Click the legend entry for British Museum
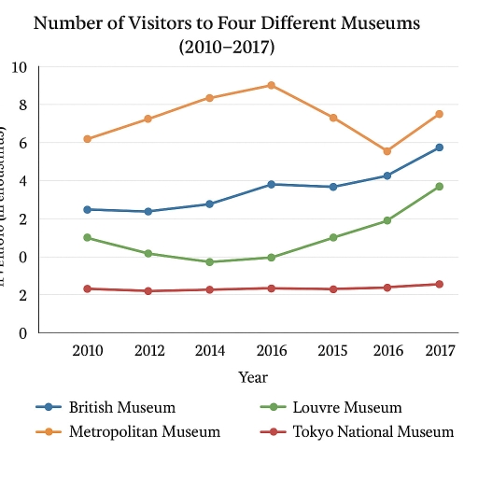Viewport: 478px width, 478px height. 121,408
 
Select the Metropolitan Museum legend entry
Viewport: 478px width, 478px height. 144,431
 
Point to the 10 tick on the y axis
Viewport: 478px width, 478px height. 20,67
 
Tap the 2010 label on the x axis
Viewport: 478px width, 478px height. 87,351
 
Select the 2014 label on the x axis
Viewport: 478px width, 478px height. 209,351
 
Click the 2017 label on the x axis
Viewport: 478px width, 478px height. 440,351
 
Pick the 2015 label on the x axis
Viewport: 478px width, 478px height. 332,351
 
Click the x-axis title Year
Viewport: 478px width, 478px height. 252,377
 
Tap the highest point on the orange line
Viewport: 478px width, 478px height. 271,85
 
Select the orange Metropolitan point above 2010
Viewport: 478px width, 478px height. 87,139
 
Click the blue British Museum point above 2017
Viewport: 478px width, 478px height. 439,148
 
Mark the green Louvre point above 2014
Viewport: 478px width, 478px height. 209,262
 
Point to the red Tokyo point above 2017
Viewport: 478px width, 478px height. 439,284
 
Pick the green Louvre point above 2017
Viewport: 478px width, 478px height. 439,187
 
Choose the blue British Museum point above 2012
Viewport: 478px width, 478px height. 148,212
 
